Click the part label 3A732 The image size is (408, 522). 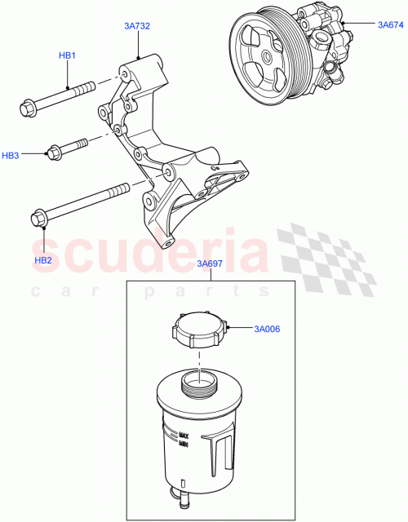[x=138, y=27]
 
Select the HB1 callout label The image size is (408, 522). [x=67, y=55]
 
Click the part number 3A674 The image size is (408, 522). [x=391, y=25]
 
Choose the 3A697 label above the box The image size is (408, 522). [x=210, y=265]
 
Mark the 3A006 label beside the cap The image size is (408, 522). [x=267, y=330]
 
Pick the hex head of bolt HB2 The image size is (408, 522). [x=38, y=219]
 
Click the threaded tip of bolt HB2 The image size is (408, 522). [x=122, y=192]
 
